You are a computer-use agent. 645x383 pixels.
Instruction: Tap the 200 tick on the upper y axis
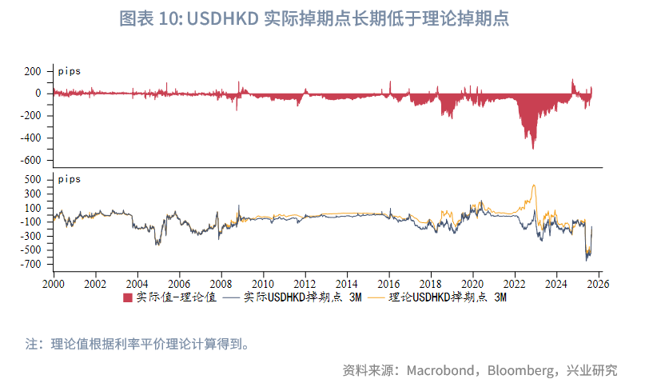tap(32, 71)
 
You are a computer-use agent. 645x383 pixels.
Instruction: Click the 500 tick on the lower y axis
tap(32, 180)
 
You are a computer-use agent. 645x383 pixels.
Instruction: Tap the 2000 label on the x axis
tap(54, 283)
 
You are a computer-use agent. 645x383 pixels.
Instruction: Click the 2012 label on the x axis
tap(305, 283)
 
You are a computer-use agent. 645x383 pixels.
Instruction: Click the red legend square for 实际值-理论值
tap(128, 298)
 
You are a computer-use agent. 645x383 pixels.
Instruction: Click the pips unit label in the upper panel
tap(69, 71)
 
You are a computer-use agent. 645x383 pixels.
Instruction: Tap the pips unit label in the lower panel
tap(69, 179)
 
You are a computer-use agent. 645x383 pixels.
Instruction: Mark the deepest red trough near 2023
tap(534, 147)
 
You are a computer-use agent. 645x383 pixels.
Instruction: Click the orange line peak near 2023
tap(533, 186)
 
